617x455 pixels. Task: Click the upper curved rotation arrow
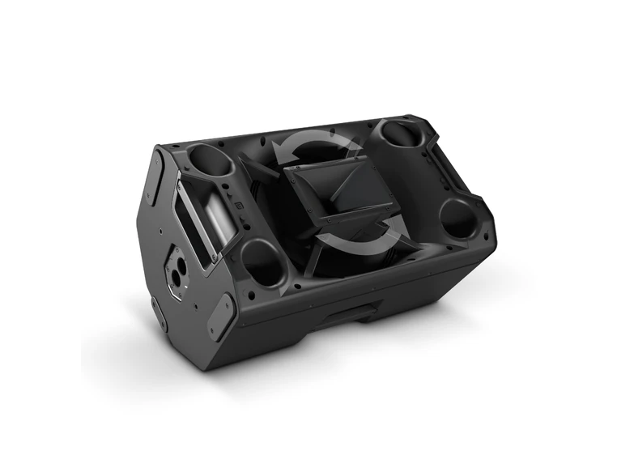(x=316, y=143)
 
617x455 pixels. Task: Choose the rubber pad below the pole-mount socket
(x=157, y=313)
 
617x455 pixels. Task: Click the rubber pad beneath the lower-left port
(x=219, y=316)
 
